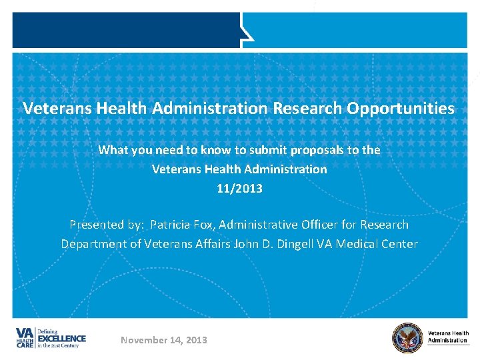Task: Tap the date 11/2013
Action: [240, 188]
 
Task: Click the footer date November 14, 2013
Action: [164, 340]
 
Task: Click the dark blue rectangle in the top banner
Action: [126, 30]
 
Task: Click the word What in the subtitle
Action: [113, 150]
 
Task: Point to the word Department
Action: [93, 243]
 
